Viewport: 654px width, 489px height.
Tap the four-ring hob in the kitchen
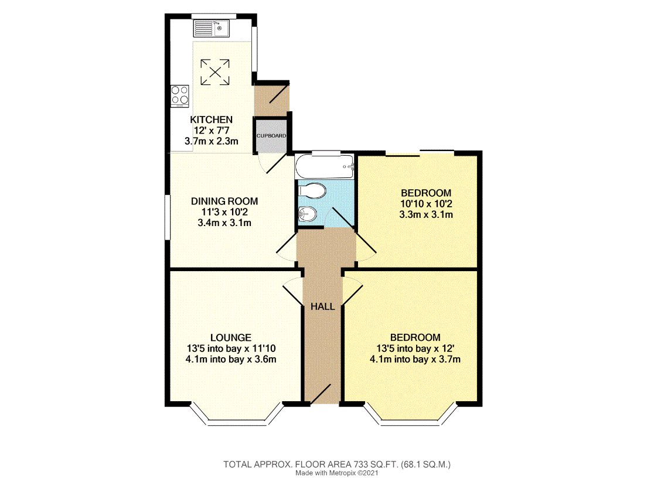point(180,95)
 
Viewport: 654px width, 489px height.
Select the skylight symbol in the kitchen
point(216,73)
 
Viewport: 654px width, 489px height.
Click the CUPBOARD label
point(271,136)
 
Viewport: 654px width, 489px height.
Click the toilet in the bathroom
point(312,191)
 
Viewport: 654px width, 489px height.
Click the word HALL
point(322,306)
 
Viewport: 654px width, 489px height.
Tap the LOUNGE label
point(231,337)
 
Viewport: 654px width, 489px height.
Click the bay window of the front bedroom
point(411,420)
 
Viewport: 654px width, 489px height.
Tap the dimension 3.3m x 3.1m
point(425,215)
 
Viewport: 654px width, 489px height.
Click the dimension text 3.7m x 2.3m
point(211,141)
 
